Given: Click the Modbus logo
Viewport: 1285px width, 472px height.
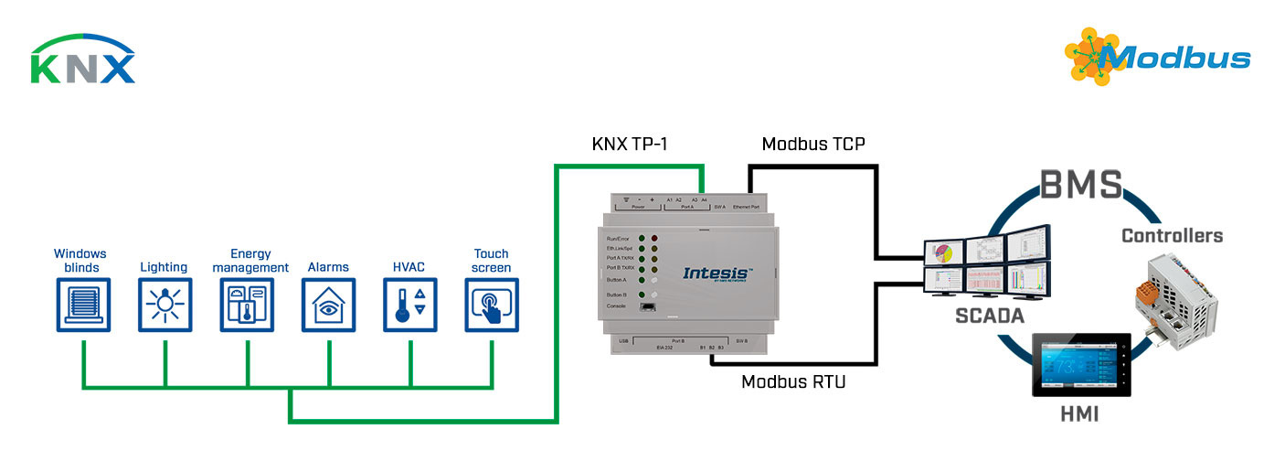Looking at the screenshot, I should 1157,57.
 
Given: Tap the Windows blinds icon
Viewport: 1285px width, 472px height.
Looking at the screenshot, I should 82,305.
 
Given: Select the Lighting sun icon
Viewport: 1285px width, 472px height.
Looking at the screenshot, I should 165,305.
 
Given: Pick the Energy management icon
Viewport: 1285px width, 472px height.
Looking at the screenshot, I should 247,305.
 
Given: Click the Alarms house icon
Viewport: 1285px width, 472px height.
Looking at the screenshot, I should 329,305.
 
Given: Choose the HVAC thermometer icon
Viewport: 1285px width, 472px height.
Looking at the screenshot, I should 410,305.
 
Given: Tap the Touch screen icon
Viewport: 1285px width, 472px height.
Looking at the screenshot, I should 492,305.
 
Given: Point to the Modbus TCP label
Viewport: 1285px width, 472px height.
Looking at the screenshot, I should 813,144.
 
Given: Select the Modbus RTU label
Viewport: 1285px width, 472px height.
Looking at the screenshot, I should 793,381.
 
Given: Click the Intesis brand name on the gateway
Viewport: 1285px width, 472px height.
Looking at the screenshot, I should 718,272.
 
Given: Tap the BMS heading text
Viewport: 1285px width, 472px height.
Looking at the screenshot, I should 1080,186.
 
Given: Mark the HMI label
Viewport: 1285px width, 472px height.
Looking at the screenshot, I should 1078,414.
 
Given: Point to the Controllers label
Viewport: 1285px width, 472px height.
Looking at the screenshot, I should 1172,236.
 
